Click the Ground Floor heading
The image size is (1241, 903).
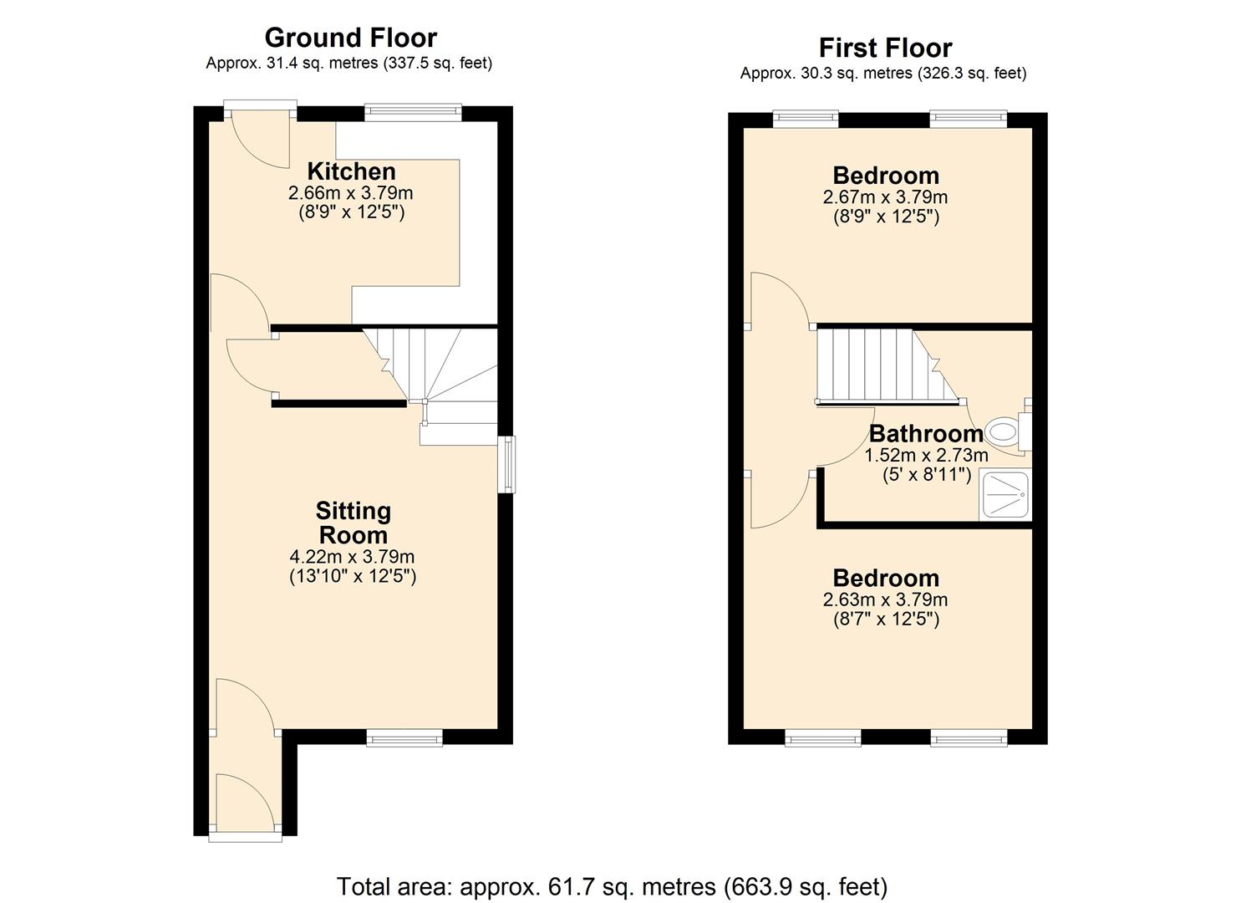click(350, 38)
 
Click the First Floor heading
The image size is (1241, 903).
click(885, 48)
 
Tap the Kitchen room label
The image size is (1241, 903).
click(351, 171)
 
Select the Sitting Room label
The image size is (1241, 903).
click(353, 523)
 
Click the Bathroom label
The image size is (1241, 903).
click(926, 433)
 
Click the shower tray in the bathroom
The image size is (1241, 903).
click(1005, 496)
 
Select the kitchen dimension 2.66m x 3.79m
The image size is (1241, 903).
click(351, 193)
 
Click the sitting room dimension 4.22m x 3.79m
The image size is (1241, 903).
click(352, 557)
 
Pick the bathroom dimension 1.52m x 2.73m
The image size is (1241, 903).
click(926, 456)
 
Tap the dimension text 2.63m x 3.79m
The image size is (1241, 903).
click(885, 599)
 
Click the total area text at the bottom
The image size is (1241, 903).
click(612, 886)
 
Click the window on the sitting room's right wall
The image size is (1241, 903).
click(506, 464)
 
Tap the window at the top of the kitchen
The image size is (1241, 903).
click(413, 111)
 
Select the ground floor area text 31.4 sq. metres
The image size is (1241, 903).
click(349, 63)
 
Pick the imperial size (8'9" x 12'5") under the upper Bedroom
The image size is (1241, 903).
click(885, 217)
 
